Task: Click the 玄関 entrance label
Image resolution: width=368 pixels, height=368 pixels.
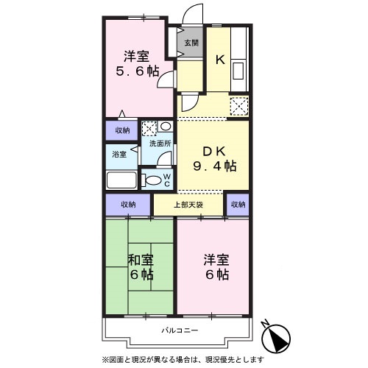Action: click(x=190, y=42)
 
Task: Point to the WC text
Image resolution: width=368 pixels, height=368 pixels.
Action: click(x=167, y=179)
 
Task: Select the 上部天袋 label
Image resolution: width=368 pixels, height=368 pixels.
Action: click(x=188, y=204)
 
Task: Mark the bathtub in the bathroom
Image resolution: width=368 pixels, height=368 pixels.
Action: click(x=121, y=181)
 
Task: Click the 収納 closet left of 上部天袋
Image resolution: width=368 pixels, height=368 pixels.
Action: click(x=128, y=204)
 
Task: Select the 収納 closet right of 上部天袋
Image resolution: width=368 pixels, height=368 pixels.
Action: click(x=237, y=204)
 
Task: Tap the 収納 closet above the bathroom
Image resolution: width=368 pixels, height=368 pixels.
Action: click(x=121, y=130)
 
